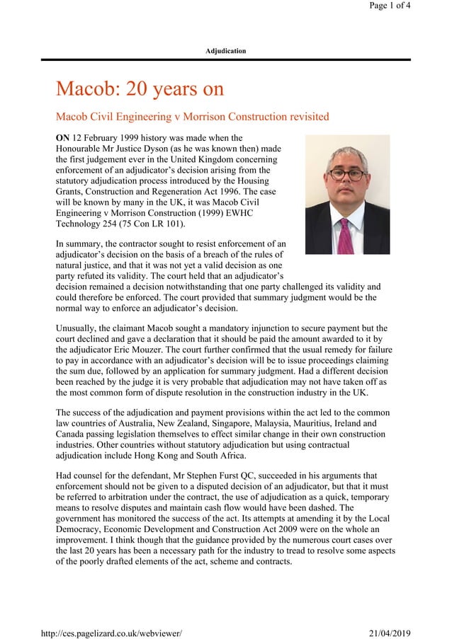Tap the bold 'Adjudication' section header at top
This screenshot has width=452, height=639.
(x=225, y=51)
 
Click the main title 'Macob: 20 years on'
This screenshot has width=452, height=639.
(x=140, y=89)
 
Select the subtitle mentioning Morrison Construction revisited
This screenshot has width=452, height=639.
(x=192, y=116)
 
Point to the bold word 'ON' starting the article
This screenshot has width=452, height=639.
(x=62, y=138)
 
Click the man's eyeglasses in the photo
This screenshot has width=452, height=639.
(x=346, y=173)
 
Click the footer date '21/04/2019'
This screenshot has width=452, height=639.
(x=390, y=633)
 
